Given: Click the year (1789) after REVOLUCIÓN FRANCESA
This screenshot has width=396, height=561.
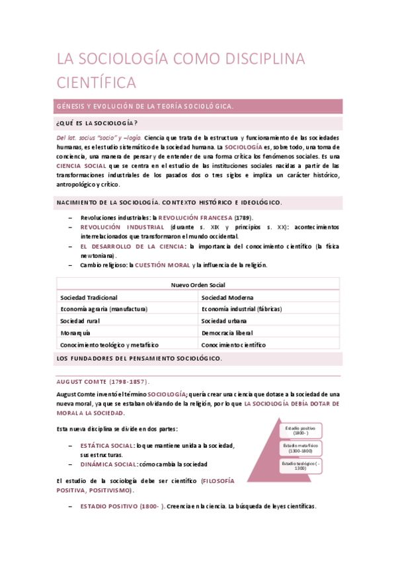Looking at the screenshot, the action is (243, 218).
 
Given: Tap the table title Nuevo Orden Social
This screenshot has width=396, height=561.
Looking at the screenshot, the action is (198, 285).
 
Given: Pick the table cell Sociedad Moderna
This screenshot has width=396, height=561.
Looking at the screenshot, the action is (227, 298).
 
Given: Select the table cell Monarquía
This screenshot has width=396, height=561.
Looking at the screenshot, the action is (75, 333).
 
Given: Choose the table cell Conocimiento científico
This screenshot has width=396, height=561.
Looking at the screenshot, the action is (233, 345).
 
